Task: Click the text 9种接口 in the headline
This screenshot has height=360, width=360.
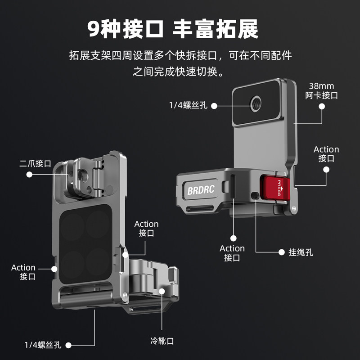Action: pyautogui.click(x=126, y=29)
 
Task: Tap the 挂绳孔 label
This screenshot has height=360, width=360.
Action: pyautogui.click(x=301, y=252)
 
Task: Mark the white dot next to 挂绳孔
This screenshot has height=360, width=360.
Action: pyautogui.click(x=281, y=252)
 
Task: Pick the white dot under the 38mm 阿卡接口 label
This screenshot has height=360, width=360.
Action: pyautogui.click(x=322, y=106)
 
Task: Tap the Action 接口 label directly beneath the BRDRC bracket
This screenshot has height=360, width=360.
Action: pyautogui.click(x=232, y=253)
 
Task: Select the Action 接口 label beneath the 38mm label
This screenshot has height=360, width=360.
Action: pyautogui.click(x=326, y=154)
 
